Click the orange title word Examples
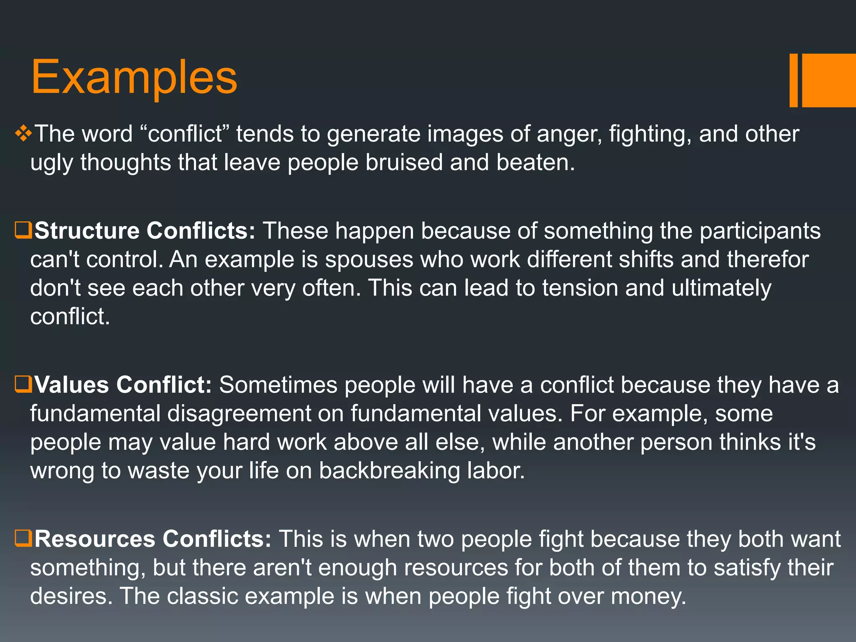pyautogui.click(x=134, y=77)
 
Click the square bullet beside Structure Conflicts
pyautogui.click(x=23, y=230)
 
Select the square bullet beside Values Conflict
pyautogui.click(x=23, y=384)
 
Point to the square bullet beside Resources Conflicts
pyautogui.click(x=23, y=538)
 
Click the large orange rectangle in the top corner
pyautogui.click(x=829, y=80)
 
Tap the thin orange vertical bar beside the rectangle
pyautogui.click(x=793, y=80)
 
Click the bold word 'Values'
pyautogui.click(x=71, y=385)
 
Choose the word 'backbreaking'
pyautogui.click(x=389, y=471)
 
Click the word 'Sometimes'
pyautogui.click(x=278, y=385)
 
